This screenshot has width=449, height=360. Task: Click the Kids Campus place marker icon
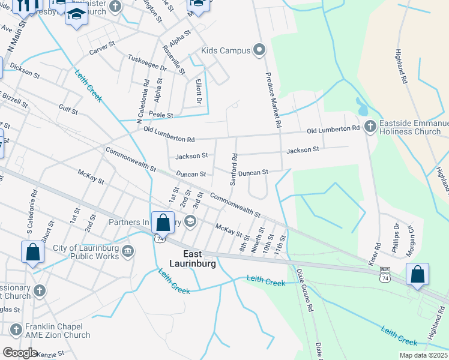259,50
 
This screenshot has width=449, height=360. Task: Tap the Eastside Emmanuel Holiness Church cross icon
370,126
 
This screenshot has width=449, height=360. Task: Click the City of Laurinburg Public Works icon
127,250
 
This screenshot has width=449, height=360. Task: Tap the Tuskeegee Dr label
146,62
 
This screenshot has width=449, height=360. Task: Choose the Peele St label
161,115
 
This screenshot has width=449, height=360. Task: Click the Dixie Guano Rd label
305,290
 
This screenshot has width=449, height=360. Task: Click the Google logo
19,353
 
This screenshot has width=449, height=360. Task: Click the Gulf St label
68,109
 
